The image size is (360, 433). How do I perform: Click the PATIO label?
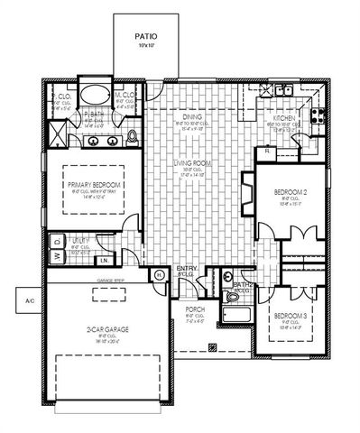145,37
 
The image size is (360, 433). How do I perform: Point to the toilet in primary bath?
132,136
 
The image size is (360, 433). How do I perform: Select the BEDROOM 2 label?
291,193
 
